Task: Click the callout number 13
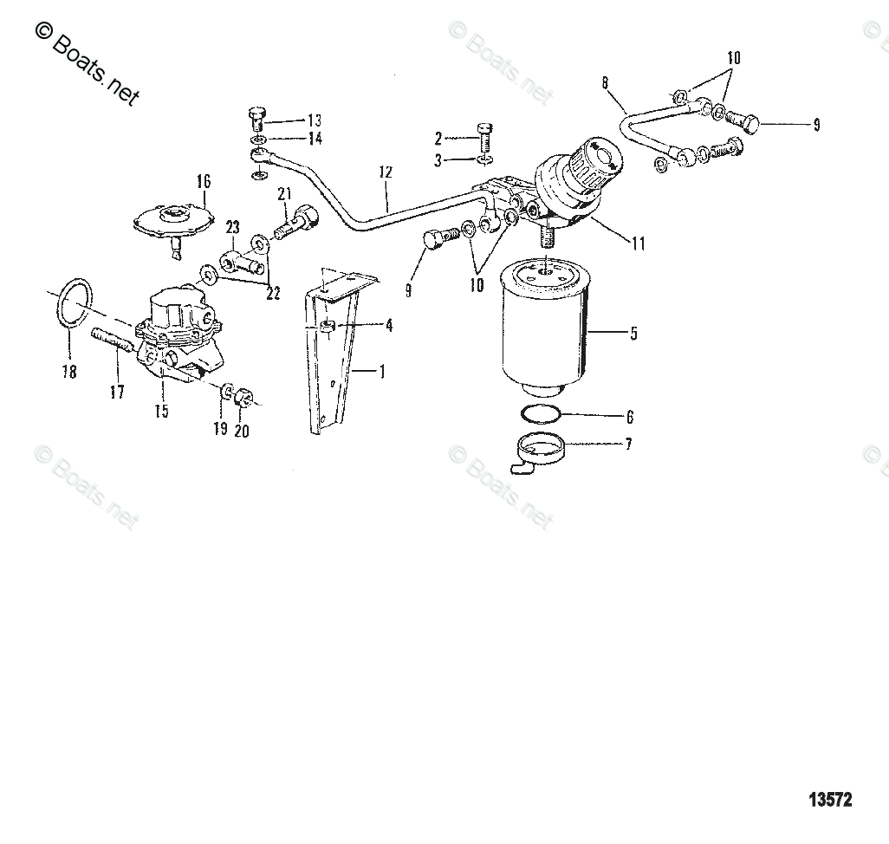pos(315,120)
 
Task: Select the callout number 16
pos(204,181)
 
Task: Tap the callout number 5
pos(634,334)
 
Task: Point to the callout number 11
pos(639,243)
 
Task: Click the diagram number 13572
pos(830,800)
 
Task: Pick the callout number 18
pos(69,372)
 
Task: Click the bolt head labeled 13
pos(256,114)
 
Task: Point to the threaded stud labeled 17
pos(112,342)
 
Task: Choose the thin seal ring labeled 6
pos(542,414)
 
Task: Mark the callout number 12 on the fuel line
pos(386,172)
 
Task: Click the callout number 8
pos(605,83)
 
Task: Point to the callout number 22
pos(273,293)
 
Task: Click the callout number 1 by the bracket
pos(383,372)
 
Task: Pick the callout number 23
pos(232,228)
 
